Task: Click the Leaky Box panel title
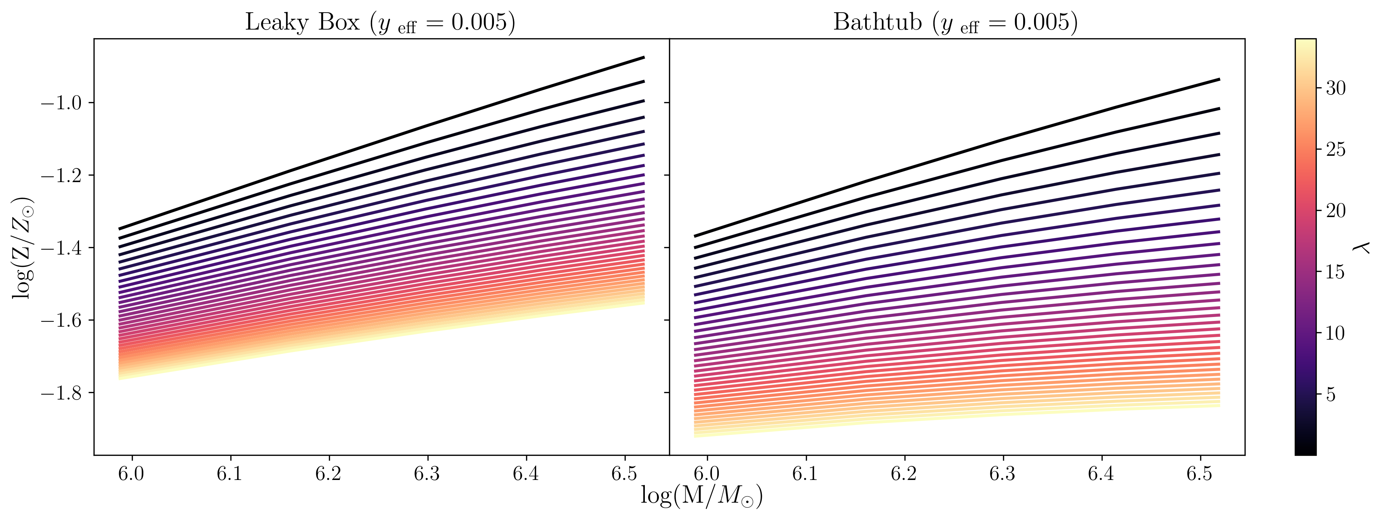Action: pyautogui.click(x=380, y=23)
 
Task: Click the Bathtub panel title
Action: pyautogui.click(x=955, y=23)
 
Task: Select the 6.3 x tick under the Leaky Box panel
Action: pyautogui.click(x=427, y=473)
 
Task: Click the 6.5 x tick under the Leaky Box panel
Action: pyautogui.click(x=624, y=473)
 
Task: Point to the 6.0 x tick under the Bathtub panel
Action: pyautogui.click(x=707, y=473)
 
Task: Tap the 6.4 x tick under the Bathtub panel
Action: pyautogui.click(x=1101, y=473)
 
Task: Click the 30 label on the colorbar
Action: pyautogui.click(x=1336, y=88)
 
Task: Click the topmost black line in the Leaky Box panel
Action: pyautogui.click(x=382, y=143)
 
